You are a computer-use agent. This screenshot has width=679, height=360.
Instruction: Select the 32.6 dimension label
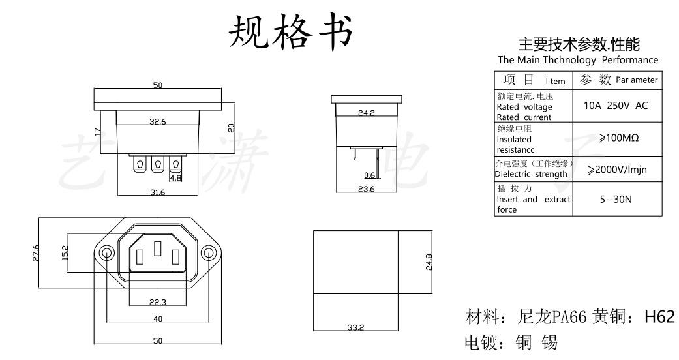[x=157, y=121]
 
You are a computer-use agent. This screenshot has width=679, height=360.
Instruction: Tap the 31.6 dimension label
[x=157, y=192]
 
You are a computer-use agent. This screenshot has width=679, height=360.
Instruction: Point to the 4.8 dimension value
[x=175, y=177]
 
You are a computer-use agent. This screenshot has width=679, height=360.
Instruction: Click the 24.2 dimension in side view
[x=366, y=113]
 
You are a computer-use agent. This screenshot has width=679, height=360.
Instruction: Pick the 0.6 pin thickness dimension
[x=370, y=175]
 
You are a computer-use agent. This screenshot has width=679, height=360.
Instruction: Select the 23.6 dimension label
[x=366, y=190]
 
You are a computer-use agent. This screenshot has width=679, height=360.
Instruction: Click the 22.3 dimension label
[x=157, y=301]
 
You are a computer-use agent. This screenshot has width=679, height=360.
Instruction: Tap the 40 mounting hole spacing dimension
[x=157, y=319]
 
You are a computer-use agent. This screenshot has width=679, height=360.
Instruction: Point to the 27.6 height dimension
[x=36, y=252]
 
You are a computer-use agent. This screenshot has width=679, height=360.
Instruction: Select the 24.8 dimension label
[x=429, y=262]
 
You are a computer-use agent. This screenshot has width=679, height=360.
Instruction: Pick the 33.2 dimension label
[x=355, y=327]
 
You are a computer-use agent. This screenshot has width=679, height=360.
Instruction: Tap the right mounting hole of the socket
[x=208, y=252]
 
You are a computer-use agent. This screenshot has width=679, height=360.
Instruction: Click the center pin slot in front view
[x=157, y=248]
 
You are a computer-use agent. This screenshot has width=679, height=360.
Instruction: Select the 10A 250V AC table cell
[x=616, y=106]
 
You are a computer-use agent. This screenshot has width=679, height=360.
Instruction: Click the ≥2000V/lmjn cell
[x=616, y=170]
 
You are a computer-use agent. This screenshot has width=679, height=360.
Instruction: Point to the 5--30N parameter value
[x=616, y=199]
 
